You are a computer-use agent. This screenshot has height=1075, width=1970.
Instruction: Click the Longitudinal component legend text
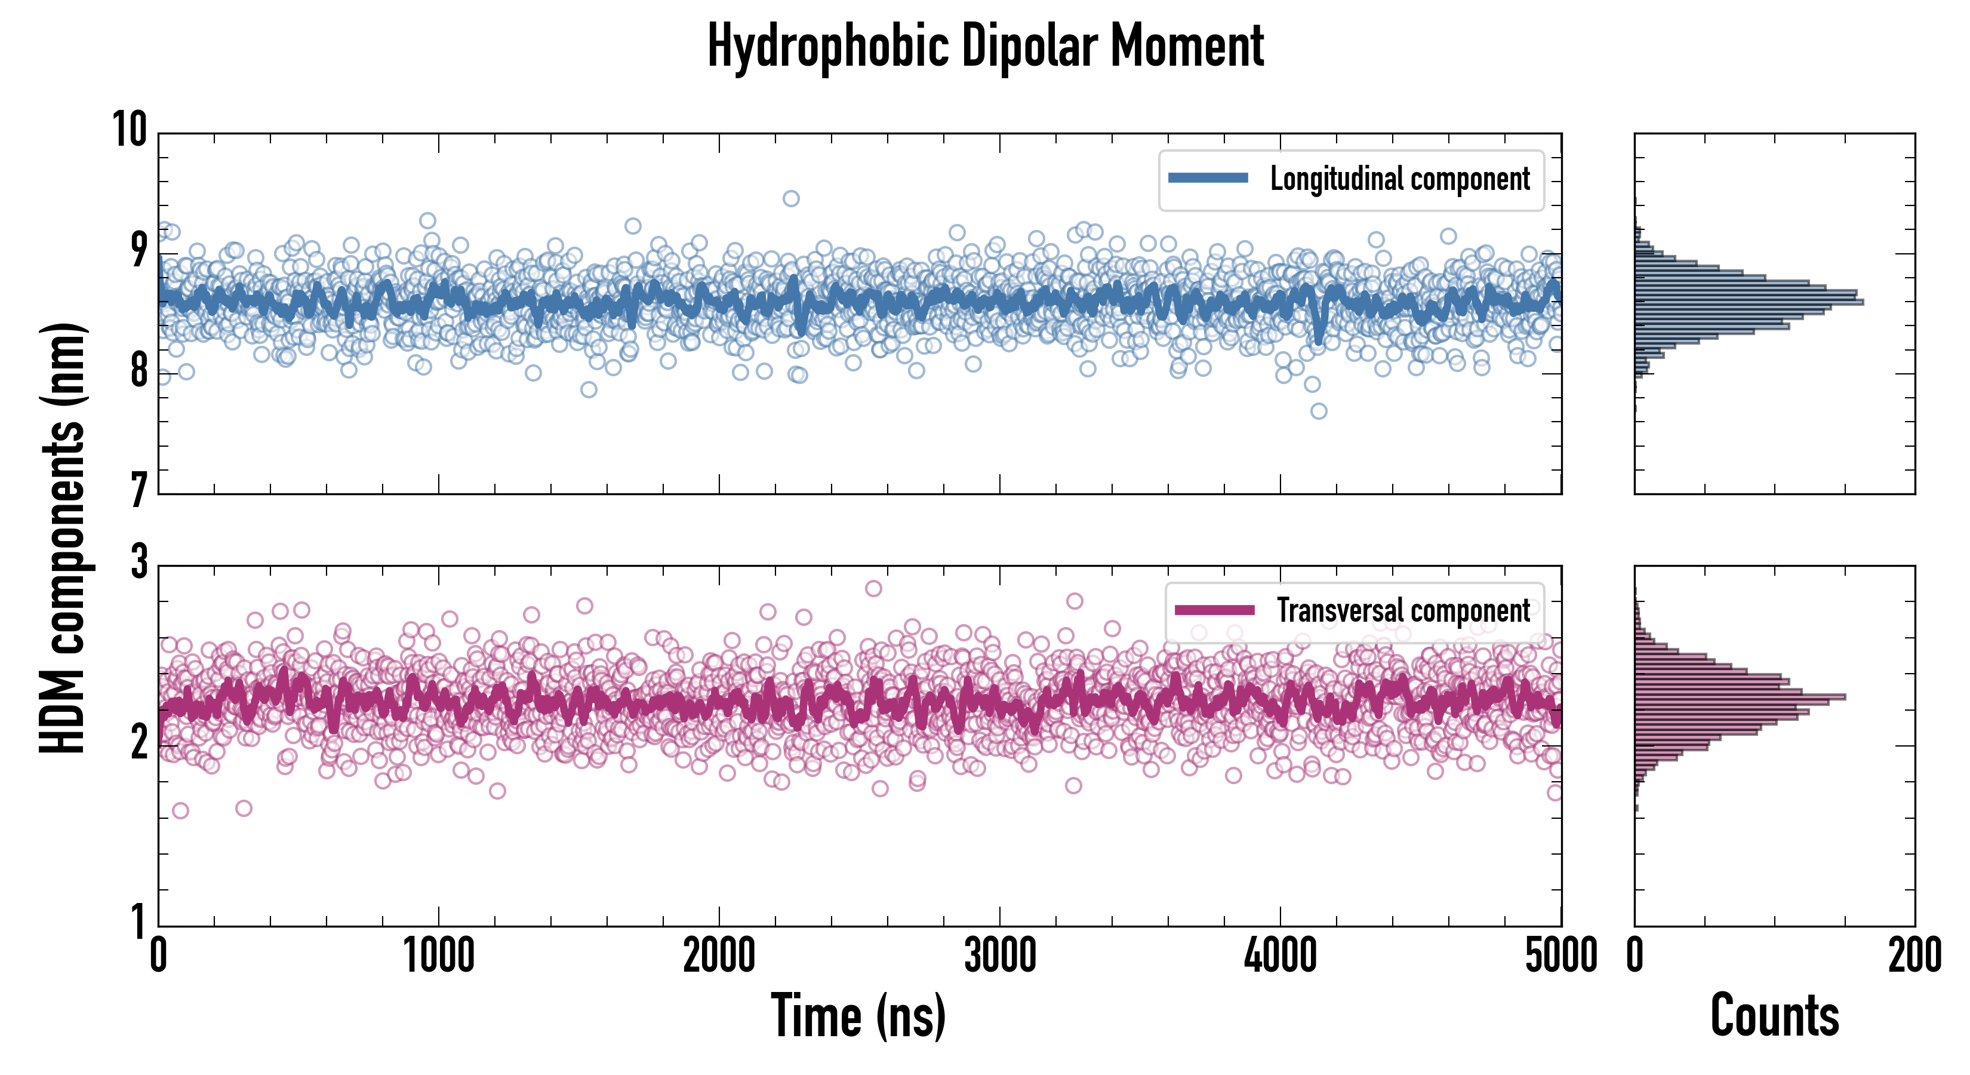tap(1399, 179)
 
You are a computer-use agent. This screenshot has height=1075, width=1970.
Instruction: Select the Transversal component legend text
tap(1403, 610)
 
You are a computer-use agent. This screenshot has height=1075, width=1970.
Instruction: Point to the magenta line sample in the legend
tap(1214, 610)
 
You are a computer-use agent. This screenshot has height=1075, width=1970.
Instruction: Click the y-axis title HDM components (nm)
tap(63, 537)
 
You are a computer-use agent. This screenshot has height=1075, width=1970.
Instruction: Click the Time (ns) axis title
tap(858, 1015)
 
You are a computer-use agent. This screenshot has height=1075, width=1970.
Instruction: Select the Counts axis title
tap(1774, 1015)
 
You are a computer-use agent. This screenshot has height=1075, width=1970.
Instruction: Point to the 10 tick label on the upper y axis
tap(130, 130)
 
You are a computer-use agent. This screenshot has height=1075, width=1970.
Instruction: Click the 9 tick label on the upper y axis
tap(138, 250)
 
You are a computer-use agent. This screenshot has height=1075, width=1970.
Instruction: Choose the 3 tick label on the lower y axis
tap(138, 563)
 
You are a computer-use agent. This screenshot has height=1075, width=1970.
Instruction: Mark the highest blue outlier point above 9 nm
tap(791, 199)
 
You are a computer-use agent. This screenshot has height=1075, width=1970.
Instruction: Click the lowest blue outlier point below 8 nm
tap(1319, 411)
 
